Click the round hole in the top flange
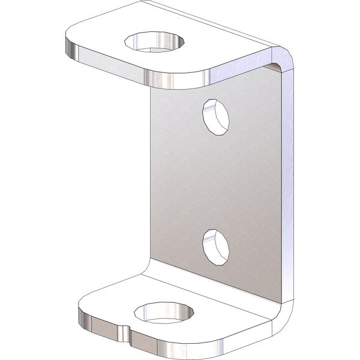click(x=154, y=43)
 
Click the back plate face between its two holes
click(x=215, y=180)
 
